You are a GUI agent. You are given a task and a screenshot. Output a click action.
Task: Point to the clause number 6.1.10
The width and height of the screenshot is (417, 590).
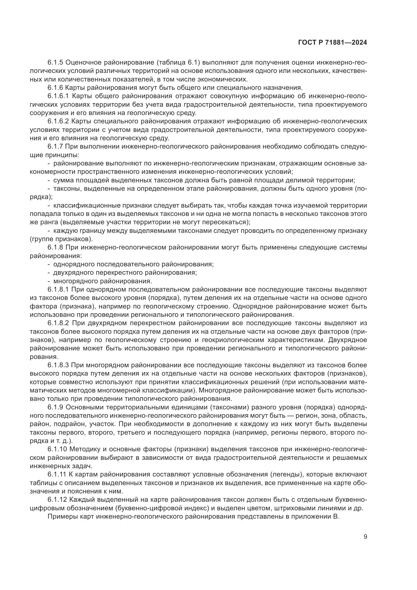[x=57, y=449]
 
